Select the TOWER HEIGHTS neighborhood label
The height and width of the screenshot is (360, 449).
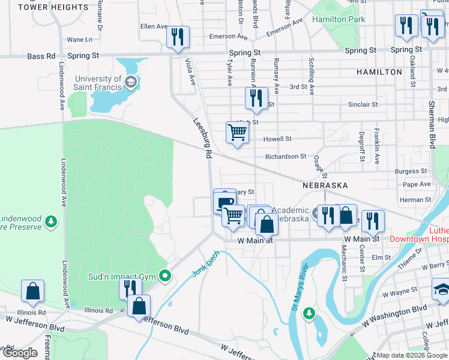tap(53, 7)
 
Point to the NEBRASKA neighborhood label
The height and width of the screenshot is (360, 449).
tap(325, 185)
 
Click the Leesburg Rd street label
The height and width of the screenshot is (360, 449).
tap(203, 137)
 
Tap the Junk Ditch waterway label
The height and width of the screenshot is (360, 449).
tap(206, 264)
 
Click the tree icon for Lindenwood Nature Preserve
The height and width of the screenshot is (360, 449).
tap(52, 222)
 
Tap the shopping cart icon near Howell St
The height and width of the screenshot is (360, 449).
tap(238, 133)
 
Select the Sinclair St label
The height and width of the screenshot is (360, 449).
tap(363, 104)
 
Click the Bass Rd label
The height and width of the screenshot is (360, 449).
tap(41, 56)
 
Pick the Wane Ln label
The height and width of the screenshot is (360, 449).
tap(80, 40)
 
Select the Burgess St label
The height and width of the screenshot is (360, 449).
tap(411, 172)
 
